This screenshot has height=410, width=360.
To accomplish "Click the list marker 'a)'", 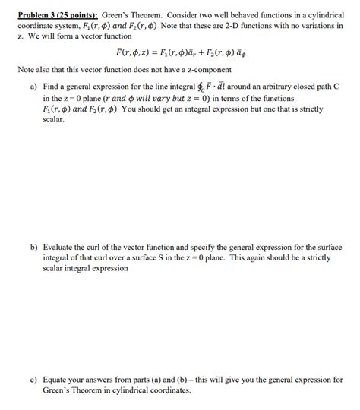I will pyautogui.click(x=34, y=88).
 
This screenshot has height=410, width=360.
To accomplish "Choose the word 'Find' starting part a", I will pyautogui.click(x=52, y=88).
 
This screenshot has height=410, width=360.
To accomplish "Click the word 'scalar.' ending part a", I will pyautogui.click(x=55, y=120).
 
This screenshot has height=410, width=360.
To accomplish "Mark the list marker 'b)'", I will pyautogui.click(x=34, y=248).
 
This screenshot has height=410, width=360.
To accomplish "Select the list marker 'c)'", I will pyautogui.click(x=34, y=380).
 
